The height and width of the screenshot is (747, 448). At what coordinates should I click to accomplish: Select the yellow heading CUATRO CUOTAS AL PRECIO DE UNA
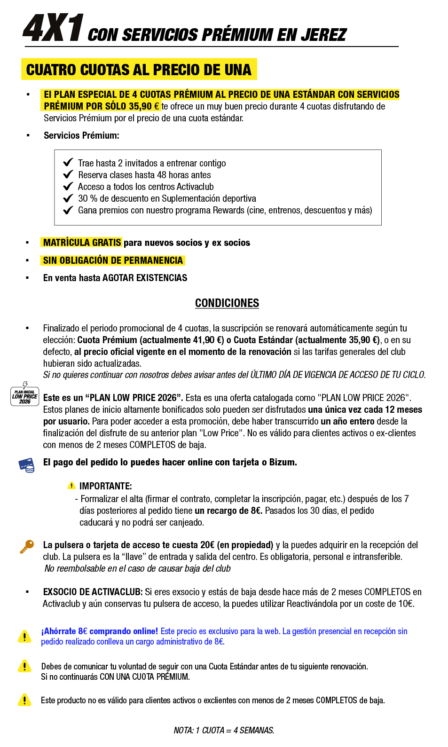139,70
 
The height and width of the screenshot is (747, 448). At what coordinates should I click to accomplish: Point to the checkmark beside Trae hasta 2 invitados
68,163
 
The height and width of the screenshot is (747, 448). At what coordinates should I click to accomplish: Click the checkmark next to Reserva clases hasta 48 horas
68,174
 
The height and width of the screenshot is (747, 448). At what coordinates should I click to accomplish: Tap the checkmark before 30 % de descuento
68,198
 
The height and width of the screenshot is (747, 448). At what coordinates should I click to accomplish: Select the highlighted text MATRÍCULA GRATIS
82,243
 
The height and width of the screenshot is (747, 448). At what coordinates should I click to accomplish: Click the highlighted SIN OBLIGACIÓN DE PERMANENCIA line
113,260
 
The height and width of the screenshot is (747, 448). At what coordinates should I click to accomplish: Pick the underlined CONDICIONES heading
227,303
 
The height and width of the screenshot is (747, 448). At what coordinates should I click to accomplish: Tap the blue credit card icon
27,465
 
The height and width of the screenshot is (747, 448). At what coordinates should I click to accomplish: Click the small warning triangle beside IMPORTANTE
71,486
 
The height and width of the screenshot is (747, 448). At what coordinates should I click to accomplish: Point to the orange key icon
27,546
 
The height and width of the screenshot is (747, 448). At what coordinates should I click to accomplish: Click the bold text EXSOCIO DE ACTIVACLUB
93,592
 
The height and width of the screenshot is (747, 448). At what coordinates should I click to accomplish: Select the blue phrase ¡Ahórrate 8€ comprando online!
100,631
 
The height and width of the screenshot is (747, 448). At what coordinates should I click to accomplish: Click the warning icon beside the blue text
24,636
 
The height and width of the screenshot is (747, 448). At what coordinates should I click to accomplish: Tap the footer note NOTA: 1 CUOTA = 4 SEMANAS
224,730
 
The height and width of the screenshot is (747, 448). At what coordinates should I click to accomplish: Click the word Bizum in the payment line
282,462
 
